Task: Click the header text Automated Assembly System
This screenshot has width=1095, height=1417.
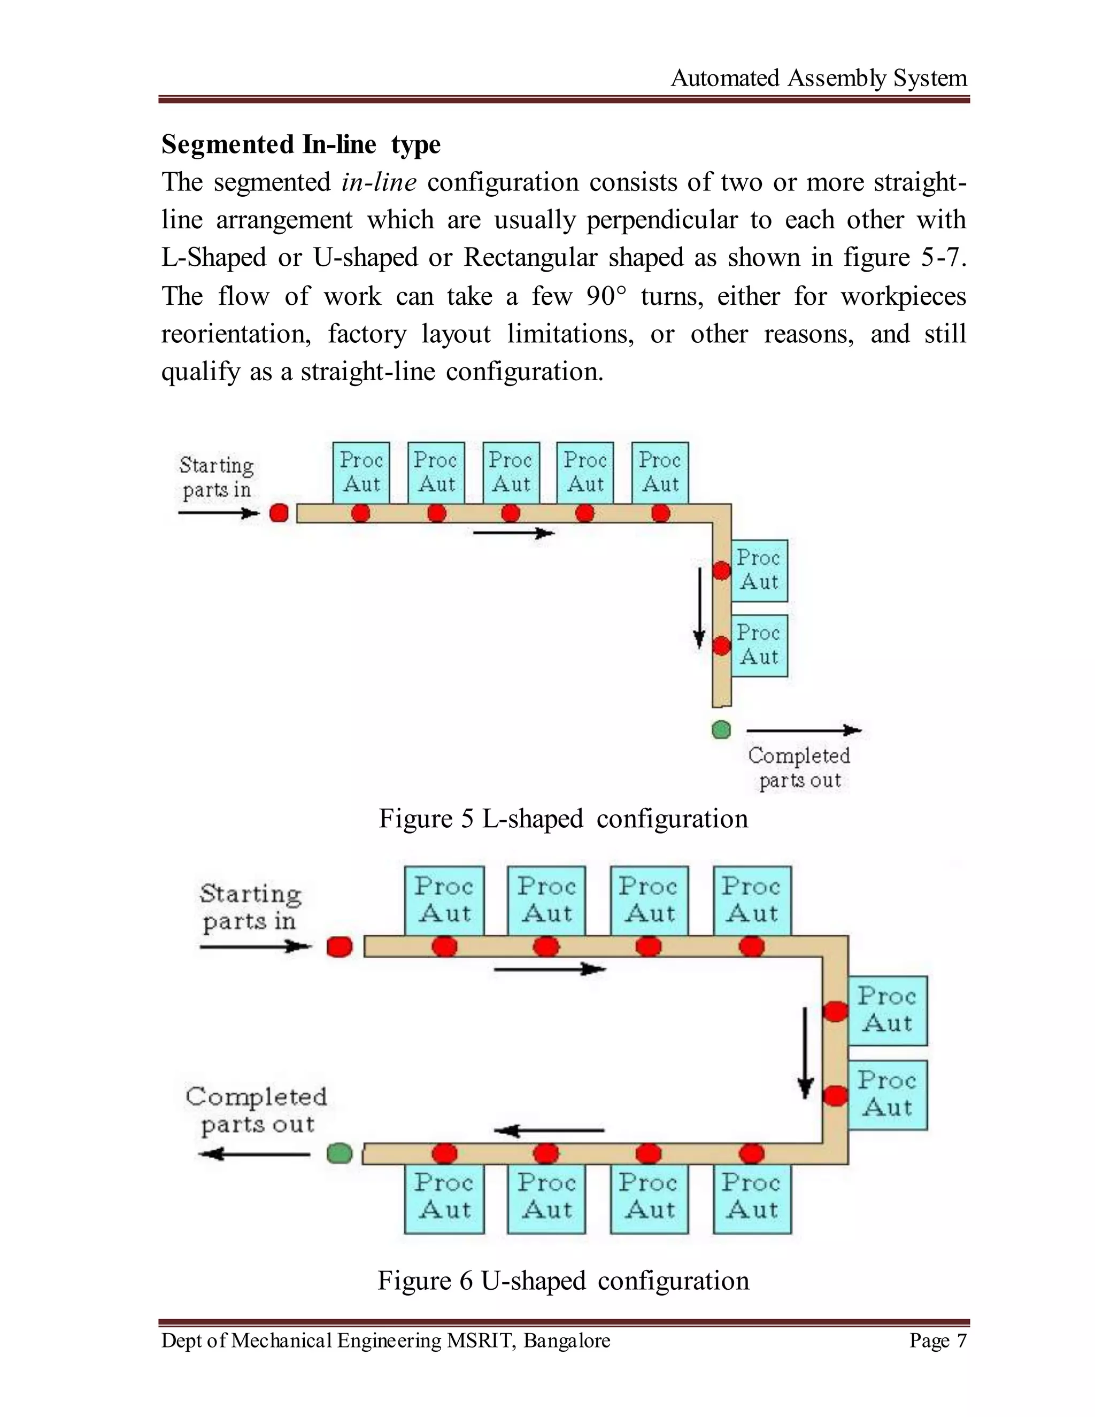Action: coord(818,79)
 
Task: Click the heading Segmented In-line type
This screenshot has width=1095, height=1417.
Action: coord(301,144)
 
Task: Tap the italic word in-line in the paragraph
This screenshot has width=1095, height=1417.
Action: coord(379,182)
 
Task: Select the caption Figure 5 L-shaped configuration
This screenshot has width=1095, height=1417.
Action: coord(563,819)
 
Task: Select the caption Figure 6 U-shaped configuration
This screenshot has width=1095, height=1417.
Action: coord(563,1281)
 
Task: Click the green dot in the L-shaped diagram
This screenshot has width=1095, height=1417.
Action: coord(721,730)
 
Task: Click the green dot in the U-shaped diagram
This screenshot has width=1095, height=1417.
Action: coord(340,1153)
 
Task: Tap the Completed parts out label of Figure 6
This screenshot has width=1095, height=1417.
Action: coord(256,1110)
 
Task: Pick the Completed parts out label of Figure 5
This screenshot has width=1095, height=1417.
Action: coord(799,767)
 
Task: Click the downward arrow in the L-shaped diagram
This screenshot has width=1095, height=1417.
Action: coord(699,608)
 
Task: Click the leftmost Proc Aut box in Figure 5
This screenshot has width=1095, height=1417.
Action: coord(361,472)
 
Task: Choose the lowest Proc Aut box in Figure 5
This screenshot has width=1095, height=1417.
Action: coord(759,645)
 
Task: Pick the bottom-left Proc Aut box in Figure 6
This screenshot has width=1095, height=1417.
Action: coord(444,1197)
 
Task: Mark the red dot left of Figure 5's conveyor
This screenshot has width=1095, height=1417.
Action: coord(279,513)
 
